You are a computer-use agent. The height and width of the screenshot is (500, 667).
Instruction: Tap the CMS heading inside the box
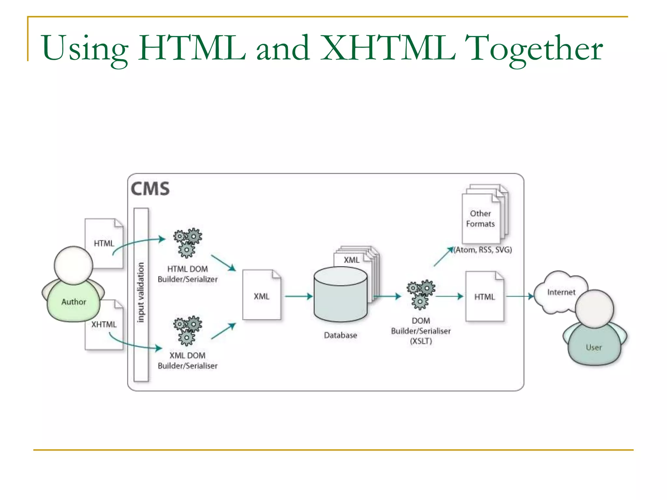click(150, 189)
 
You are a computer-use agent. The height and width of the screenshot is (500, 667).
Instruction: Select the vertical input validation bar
click(141, 294)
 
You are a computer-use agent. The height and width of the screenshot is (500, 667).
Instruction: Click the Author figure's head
click(74, 265)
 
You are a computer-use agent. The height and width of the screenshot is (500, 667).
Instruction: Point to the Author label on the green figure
click(74, 302)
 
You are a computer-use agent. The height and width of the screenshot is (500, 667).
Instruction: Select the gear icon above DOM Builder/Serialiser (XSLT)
click(420, 294)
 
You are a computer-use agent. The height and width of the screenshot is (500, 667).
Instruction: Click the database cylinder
click(340, 295)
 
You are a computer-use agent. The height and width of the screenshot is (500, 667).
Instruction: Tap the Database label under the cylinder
click(340, 335)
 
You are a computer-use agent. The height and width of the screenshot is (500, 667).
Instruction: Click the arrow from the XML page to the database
click(298, 296)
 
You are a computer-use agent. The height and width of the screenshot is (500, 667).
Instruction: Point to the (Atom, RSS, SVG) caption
click(483, 250)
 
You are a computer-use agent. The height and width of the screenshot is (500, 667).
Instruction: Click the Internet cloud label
click(561, 292)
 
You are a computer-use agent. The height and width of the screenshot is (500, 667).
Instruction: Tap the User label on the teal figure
click(593, 348)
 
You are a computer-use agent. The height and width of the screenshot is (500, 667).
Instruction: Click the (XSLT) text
click(421, 341)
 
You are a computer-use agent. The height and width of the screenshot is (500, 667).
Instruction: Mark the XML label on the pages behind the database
click(352, 260)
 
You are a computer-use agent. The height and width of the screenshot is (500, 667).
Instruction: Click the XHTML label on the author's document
click(104, 325)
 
